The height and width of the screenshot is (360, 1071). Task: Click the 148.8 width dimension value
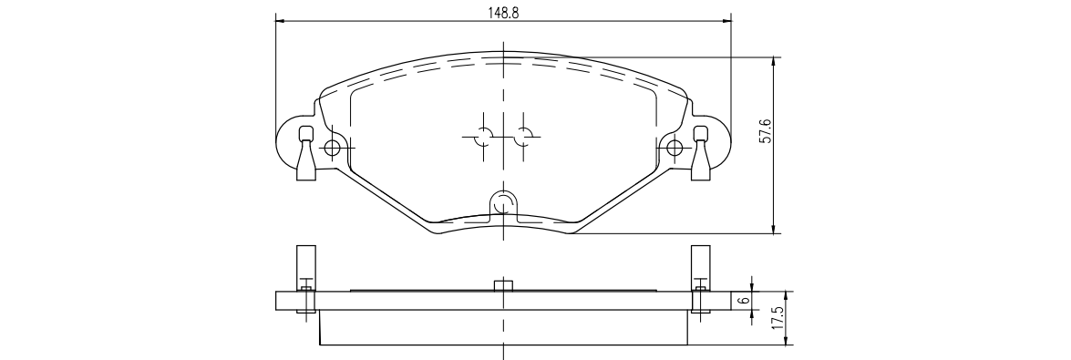503,13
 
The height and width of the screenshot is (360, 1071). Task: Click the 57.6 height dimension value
766,130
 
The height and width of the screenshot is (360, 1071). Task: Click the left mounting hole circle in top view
333,147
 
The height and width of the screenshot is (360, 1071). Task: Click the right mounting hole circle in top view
675,147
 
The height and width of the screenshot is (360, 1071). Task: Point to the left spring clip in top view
306,153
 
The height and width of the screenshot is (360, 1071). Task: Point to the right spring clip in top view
701,153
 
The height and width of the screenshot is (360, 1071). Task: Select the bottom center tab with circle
503,206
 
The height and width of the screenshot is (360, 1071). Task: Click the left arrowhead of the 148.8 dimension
279,21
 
